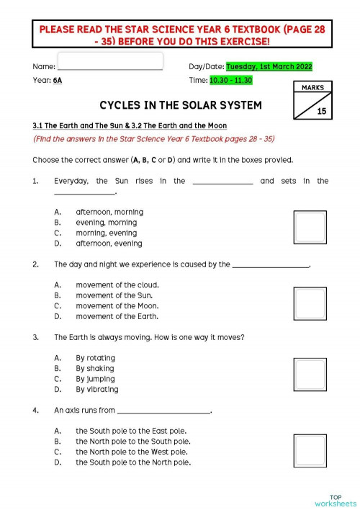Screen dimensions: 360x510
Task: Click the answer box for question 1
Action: click(x=310, y=228)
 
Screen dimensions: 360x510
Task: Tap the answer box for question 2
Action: click(x=310, y=302)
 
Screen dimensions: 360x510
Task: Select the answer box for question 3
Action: click(x=310, y=375)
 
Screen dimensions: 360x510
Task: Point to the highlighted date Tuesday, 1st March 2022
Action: click(x=269, y=66)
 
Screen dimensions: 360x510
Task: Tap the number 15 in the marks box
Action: click(x=320, y=111)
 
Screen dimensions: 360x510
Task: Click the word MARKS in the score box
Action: click(x=311, y=87)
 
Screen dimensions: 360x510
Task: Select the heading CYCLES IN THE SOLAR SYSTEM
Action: click(x=180, y=105)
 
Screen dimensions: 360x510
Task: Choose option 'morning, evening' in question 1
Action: click(x=107, y=233)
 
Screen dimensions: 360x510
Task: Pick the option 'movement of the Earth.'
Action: click(x=117, y=316)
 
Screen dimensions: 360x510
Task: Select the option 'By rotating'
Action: click(x=95, y=358)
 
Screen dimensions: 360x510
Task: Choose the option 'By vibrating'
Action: click(x=96, y=390)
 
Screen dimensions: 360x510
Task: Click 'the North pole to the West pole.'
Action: click(x=132, y=452)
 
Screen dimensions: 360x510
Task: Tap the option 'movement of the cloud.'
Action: click(x=117, y=285)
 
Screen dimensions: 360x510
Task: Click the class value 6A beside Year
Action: click(x=58, y=80)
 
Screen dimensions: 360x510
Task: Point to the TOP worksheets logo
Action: click(x=335, y=500)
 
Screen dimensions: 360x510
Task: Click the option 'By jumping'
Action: click(x=96, y=379)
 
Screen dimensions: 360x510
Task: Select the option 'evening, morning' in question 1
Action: click(x=107, y=223)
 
